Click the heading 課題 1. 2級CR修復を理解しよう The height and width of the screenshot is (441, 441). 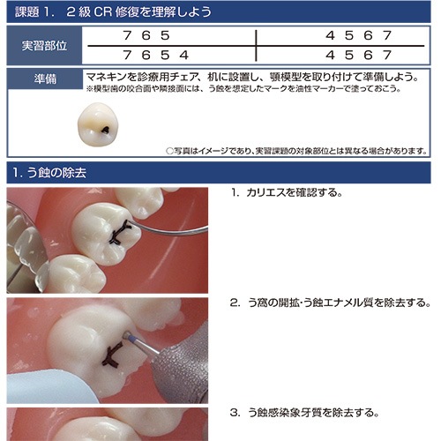[113, 12]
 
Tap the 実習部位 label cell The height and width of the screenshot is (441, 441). [44, 46]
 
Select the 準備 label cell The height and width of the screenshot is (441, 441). [45, 78]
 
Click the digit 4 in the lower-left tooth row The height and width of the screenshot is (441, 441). [184, 55]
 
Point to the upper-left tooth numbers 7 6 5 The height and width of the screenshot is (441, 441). [146, 35]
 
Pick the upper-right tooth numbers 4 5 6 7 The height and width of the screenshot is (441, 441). [359, 35]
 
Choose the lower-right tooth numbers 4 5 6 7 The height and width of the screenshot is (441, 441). [359, 55]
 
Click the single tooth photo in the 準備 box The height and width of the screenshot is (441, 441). [98, 124]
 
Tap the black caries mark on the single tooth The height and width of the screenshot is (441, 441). [105, 129]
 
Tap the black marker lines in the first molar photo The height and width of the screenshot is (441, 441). [120, 233]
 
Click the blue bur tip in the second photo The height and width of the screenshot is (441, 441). [128, 335]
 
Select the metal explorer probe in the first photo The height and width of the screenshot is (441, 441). [169, 230]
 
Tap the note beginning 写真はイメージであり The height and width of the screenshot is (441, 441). [296, 151]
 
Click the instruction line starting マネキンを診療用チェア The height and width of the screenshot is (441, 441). [253, 77]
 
